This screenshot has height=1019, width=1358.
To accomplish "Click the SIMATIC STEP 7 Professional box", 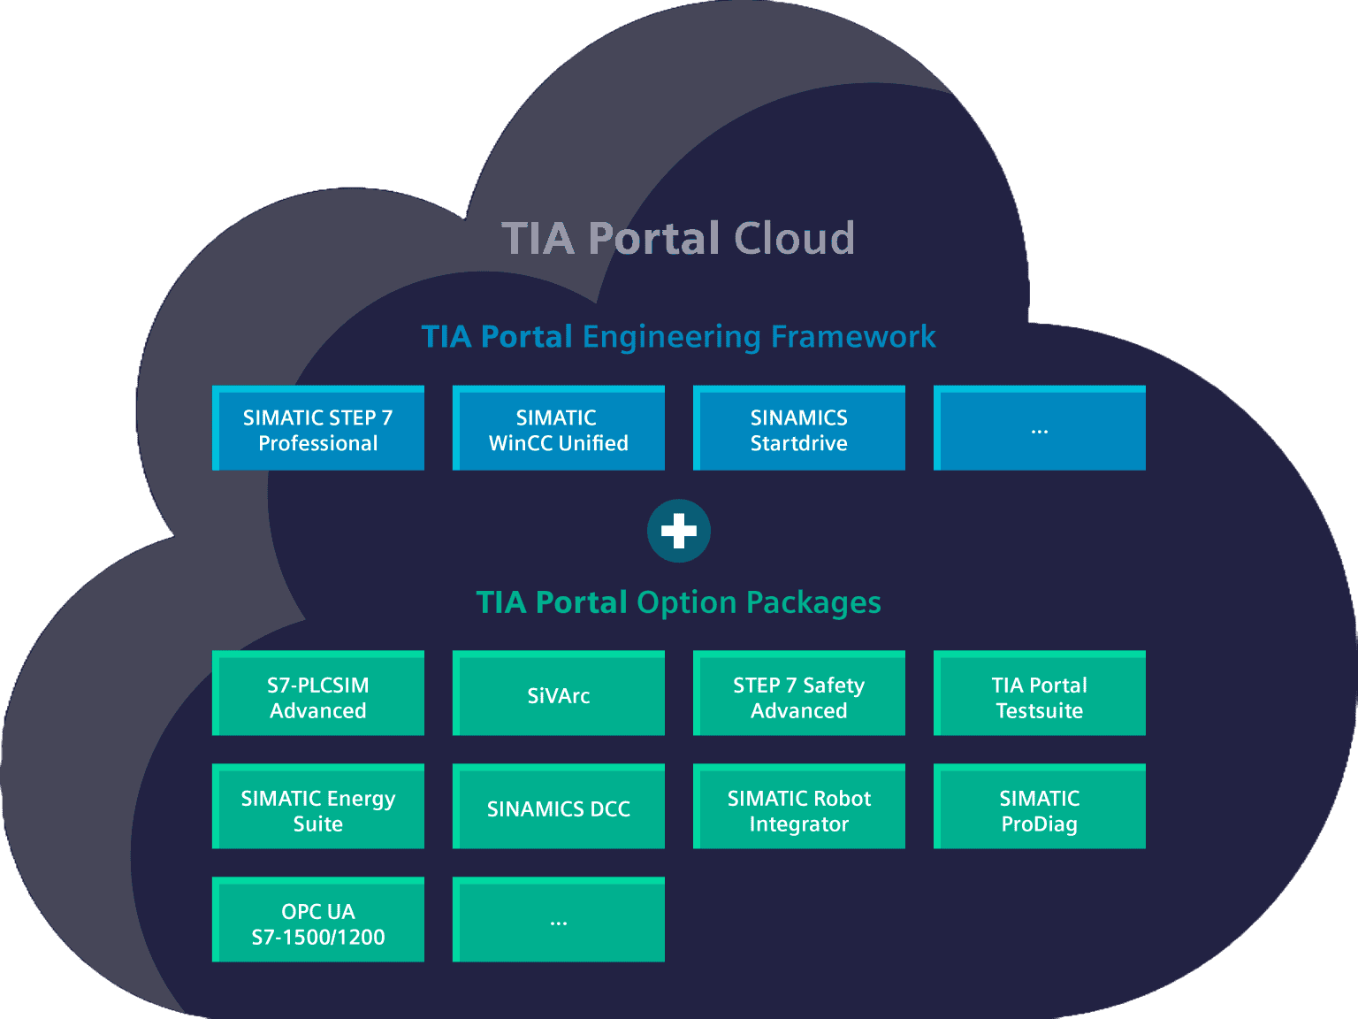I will click(318, 429).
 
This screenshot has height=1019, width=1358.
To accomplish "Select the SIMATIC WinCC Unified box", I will click(559, 429).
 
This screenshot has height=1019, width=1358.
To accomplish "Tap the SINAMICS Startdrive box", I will click(799, 429).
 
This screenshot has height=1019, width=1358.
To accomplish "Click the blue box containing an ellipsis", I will click(1040, 429).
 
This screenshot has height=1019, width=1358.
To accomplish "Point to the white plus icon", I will click(679, 531).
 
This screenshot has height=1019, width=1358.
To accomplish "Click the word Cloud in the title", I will click(794, 239).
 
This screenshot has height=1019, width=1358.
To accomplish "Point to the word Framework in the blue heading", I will click(853, 337).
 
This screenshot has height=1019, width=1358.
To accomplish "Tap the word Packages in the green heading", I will click(813, 603).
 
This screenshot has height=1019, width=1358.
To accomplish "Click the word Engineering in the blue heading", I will click(672, 338).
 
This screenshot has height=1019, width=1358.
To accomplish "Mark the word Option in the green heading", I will click(686, 603).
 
